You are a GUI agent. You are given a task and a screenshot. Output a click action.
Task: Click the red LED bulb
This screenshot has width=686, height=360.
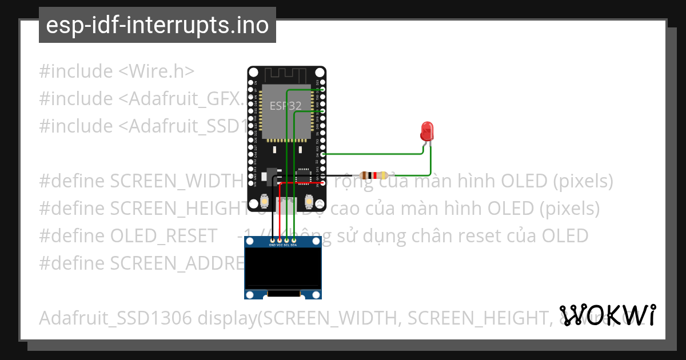tap(426, 131)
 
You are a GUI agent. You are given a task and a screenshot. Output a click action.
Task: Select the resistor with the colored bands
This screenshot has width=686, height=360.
tap(373, 175)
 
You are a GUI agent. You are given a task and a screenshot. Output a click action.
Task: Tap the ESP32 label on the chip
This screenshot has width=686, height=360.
tap(286, 106)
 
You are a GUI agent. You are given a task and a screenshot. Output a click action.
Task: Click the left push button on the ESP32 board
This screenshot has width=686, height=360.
tap(265, 201)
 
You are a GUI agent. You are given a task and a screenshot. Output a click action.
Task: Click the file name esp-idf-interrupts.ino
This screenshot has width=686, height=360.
tap(157, 25)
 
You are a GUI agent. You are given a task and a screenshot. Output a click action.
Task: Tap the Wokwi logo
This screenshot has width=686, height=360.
tap(608, 315)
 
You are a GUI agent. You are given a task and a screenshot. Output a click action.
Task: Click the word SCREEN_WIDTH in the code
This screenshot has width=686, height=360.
tap(177, 181)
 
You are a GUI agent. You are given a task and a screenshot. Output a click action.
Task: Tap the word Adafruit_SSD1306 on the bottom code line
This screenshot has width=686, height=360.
tap(115, 318)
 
